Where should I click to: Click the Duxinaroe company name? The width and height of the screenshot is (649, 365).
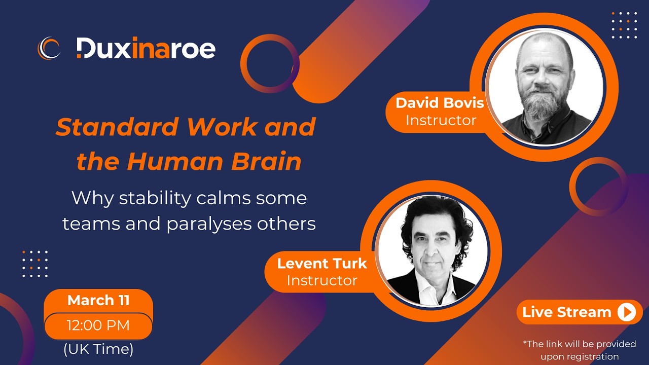point(146,49)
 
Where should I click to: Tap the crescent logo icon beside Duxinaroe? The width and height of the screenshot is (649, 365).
point(49,49)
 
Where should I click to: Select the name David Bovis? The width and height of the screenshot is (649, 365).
point(440,103)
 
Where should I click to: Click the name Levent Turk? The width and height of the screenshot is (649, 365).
point(321,263)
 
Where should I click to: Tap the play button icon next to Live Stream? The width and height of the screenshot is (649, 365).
point(627,312)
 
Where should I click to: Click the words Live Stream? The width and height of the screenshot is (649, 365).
point(566,312)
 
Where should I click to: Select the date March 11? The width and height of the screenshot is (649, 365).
point(98,300)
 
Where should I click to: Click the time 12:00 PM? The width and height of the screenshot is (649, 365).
point(98,325)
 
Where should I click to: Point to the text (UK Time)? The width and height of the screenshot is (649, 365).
point(98,349)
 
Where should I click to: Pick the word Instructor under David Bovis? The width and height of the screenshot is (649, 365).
point(441,120)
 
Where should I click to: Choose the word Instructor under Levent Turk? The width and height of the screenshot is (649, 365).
point(321,280)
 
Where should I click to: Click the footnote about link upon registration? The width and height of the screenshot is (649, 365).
point(580,350)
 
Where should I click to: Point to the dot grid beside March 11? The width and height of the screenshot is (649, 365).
point(35,264)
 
